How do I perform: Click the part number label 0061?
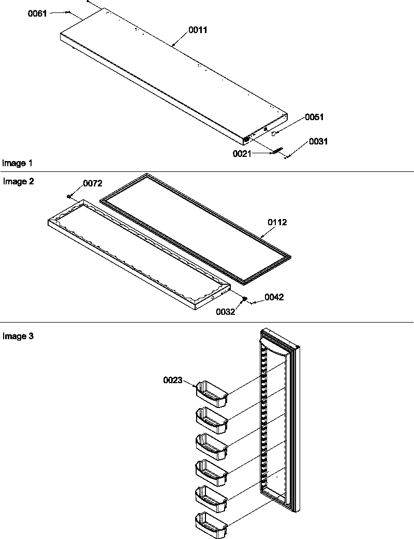click(37, 13)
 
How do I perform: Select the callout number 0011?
click(198, 30)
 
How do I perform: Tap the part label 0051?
click(314, 117)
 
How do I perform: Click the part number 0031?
click(319, 141)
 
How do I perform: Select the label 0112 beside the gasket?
click(277, 222)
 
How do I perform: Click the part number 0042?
click(274, 297)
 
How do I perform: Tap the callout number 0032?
click(226, 312)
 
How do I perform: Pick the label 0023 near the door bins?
click(172, 380)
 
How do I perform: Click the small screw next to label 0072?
click(69, 196)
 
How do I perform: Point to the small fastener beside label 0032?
click(245, 299)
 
